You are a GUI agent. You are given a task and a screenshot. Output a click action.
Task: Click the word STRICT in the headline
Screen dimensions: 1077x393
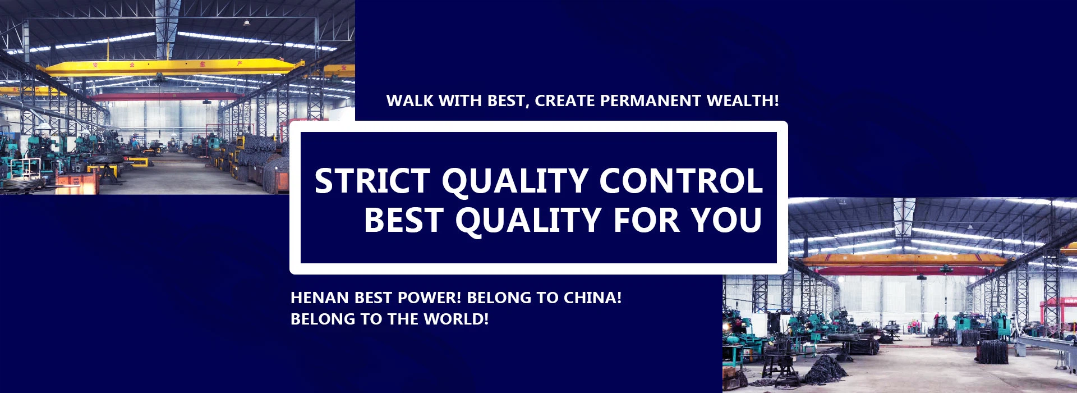coord(372,181)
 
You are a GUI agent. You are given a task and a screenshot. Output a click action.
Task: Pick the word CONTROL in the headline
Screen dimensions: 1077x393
coord(681,181)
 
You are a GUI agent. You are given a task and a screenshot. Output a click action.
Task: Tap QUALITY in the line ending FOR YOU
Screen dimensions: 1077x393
coord(528,221)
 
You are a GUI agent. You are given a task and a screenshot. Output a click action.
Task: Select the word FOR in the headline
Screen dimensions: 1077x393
coord(646,220)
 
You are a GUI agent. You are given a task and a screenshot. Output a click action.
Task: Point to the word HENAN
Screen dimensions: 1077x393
coord(320,298)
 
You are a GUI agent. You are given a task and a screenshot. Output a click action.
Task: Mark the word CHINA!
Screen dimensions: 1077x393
coord(592,298)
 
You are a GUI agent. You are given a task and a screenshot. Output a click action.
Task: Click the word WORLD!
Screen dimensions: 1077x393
coord(456,319)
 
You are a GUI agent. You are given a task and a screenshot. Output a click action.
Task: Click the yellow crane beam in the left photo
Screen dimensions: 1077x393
coord(168,67)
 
